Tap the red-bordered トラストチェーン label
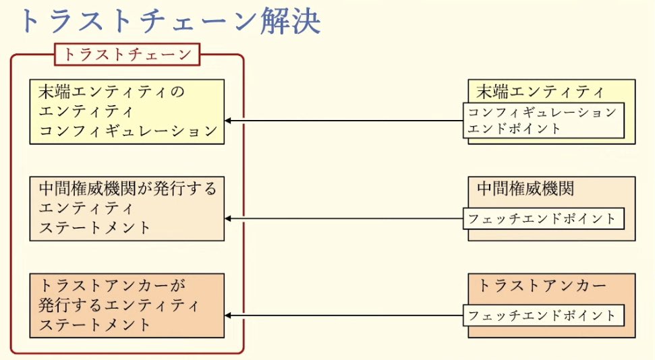127,55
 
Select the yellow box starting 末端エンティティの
127,111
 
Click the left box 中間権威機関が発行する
127,208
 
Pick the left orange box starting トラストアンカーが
127,305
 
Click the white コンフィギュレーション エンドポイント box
543,121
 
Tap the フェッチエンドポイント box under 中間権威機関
543,218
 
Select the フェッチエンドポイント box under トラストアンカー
543,315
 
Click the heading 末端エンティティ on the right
540,91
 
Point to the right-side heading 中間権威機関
525,188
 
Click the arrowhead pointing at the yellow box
228,121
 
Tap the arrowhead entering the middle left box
228,218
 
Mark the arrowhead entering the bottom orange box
228,316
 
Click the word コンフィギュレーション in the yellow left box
127,131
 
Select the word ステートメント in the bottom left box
94,325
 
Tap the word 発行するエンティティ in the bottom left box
119,305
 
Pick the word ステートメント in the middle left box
94,227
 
